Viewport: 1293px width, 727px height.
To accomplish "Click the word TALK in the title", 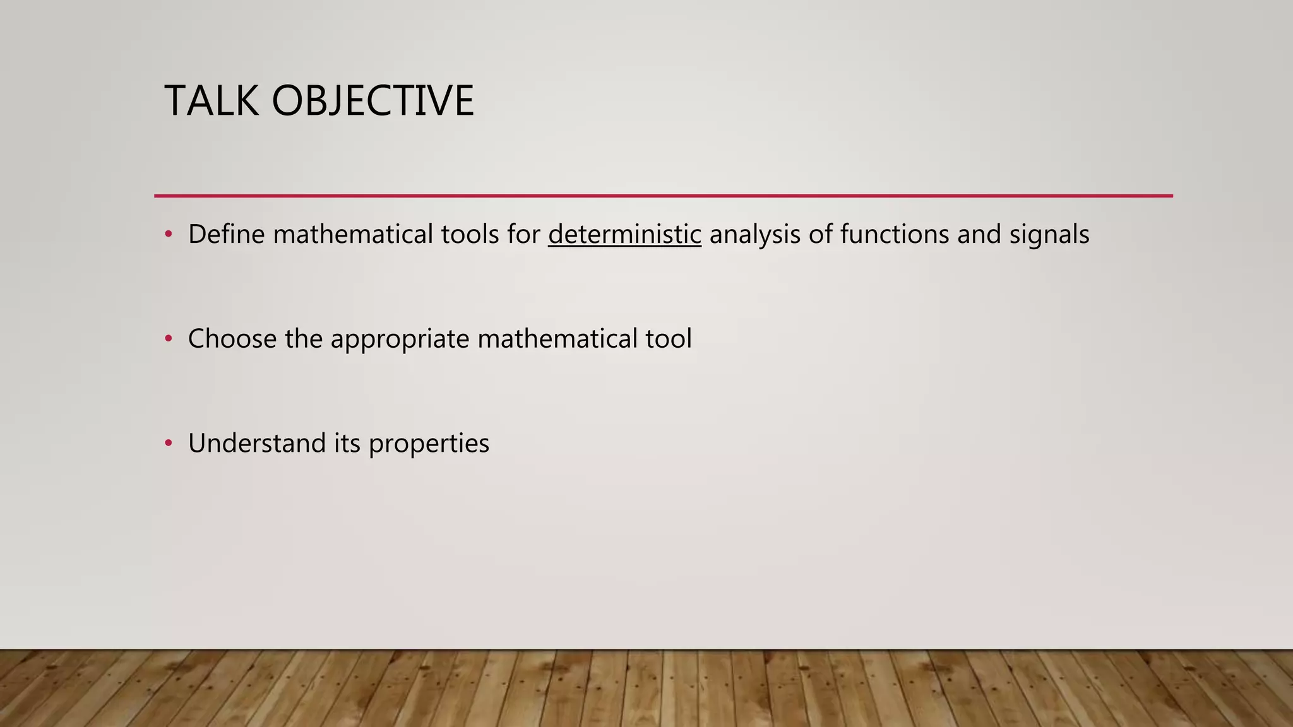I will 212,101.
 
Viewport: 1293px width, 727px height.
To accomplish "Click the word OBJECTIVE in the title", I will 372,101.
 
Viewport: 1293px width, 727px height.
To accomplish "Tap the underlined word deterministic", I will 624,234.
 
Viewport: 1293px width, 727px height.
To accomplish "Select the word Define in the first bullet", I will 226,234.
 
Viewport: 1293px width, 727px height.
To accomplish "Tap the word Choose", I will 232,339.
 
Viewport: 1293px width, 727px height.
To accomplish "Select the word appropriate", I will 400,339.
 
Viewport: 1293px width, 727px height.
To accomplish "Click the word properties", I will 429,443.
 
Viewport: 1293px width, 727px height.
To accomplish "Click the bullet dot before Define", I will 168,234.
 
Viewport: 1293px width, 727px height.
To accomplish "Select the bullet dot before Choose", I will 168,339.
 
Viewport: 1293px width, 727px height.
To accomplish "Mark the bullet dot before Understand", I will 168,443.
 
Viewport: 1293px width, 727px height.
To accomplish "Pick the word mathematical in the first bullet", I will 353,234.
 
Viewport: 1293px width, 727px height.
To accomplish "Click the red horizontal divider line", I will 663,196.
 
